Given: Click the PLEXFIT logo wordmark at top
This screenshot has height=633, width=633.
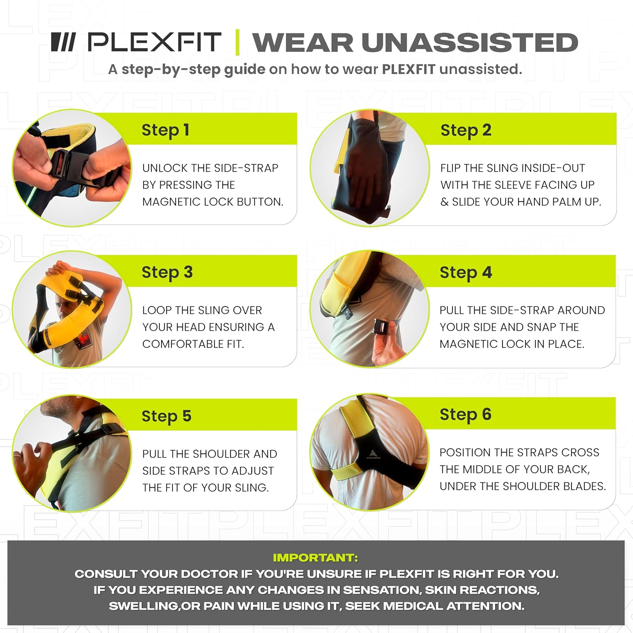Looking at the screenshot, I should click(x=154, y=42).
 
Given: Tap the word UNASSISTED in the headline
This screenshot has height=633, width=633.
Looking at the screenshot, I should click(x=469, y=42).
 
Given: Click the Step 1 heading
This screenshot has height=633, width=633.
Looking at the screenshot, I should click(x=165, y=130).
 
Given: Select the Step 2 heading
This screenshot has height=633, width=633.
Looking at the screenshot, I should click(x=465, y=130).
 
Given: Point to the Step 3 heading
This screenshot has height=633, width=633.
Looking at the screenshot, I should click(x=167, y=272).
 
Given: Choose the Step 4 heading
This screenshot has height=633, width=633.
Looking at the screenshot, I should click(x=465, y=272).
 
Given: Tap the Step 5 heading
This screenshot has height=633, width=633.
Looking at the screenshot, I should click(x=166, y=416).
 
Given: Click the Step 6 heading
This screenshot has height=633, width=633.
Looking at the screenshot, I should click(x=465, y=414).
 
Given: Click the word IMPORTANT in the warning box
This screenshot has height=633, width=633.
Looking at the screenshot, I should click(x=315, y=557).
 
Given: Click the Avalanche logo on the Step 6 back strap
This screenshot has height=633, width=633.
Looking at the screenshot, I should click(x=372, y=454).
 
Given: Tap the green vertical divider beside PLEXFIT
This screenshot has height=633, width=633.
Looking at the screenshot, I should click(x=237, y=42).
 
